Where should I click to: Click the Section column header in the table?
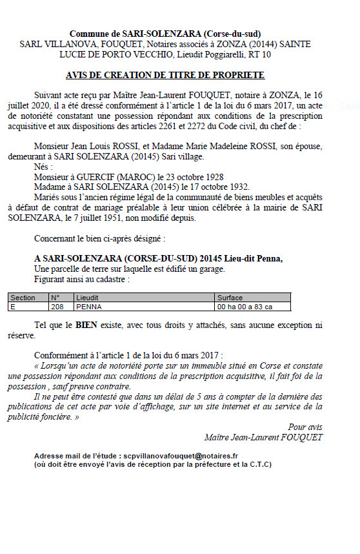point(23,298)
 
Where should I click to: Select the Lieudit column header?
point(87,298)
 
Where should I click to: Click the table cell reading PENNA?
point(88,307)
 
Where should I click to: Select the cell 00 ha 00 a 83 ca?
point(245,307)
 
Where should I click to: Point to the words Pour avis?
point(305,427)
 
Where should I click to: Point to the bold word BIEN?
point(86,325)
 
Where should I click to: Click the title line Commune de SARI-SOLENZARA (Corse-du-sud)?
point(165,34)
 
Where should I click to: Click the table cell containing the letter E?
point(13,307)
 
